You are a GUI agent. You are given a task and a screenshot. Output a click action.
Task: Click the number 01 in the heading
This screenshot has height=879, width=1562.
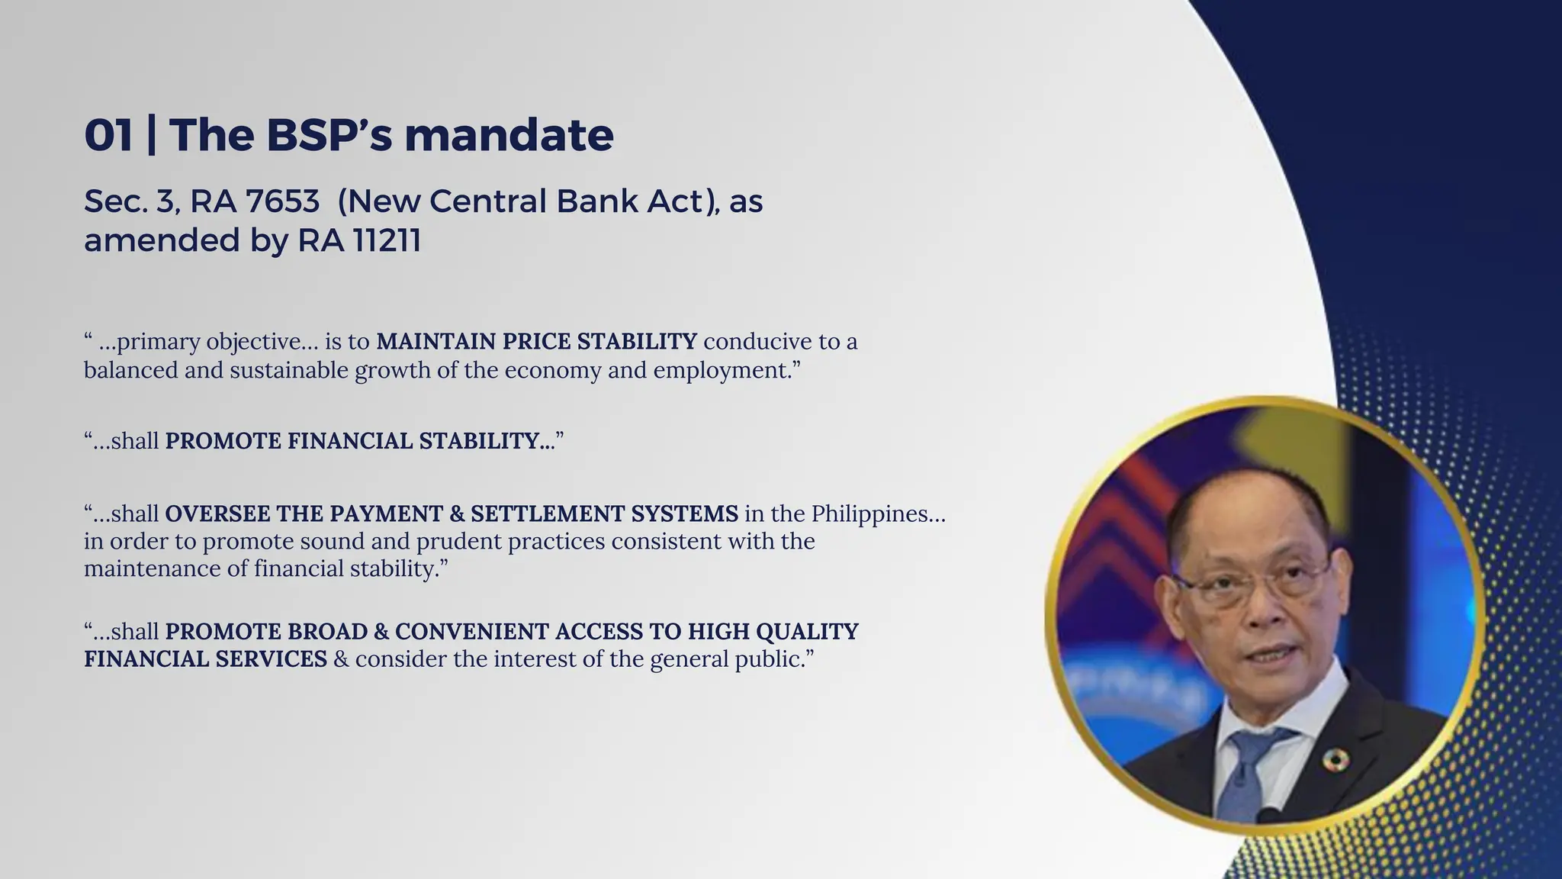108,135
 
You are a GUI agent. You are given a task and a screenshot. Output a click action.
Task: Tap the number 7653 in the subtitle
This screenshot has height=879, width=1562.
283,201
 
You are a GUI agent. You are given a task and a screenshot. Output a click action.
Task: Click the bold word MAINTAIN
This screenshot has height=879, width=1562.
436,341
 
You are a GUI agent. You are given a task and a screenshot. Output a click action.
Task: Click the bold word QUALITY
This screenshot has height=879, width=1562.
807,632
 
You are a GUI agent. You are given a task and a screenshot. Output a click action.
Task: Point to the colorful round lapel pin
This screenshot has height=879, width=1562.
1335,758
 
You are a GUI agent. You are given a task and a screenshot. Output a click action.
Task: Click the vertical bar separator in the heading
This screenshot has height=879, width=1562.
151,135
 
